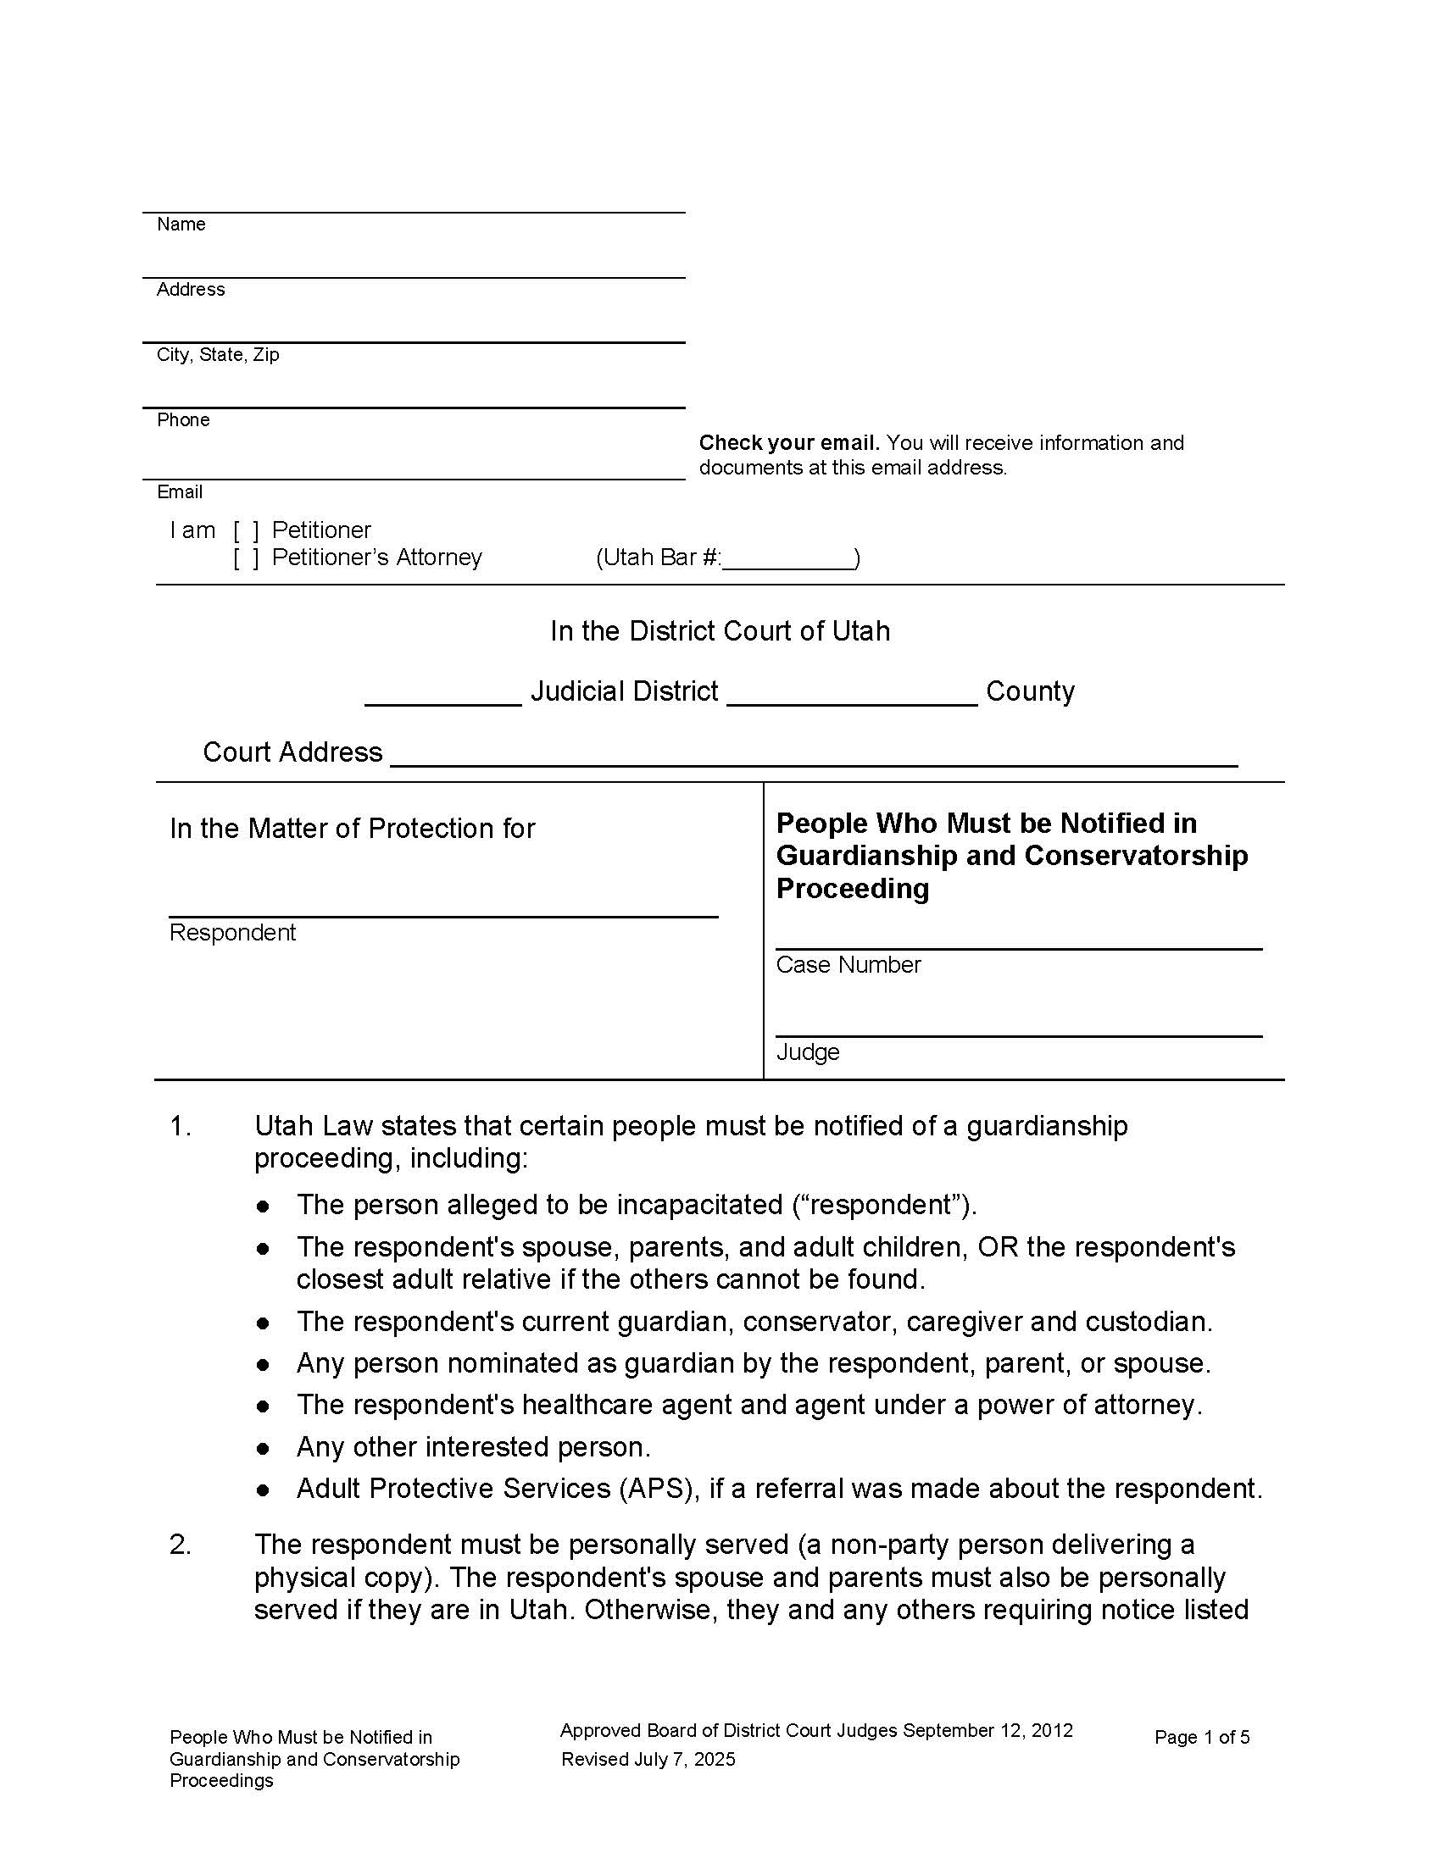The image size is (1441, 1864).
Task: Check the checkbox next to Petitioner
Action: tap(246, 531)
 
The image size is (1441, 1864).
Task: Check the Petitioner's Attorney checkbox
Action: tap(246, 558)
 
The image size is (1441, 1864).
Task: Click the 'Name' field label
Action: tap(181, 225)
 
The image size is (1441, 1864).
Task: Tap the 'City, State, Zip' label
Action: tap(218, 355)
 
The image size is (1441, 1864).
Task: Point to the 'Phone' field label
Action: tap(183, 420)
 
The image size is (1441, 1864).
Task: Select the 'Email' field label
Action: tap(179, 492)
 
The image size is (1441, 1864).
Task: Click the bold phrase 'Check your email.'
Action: tap(789, 443)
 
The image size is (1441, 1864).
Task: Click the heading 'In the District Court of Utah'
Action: tap(720, 631)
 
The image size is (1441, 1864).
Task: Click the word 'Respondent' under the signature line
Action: tap(232, 933)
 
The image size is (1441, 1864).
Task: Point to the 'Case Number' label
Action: tap(848, 965)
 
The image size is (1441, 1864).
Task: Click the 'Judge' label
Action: tap(807, 1052)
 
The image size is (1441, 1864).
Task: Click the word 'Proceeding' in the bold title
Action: tap(852, 890)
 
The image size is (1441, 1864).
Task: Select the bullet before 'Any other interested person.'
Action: tap(264, 1449)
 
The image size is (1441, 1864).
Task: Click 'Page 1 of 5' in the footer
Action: tap(1201, 1738)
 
